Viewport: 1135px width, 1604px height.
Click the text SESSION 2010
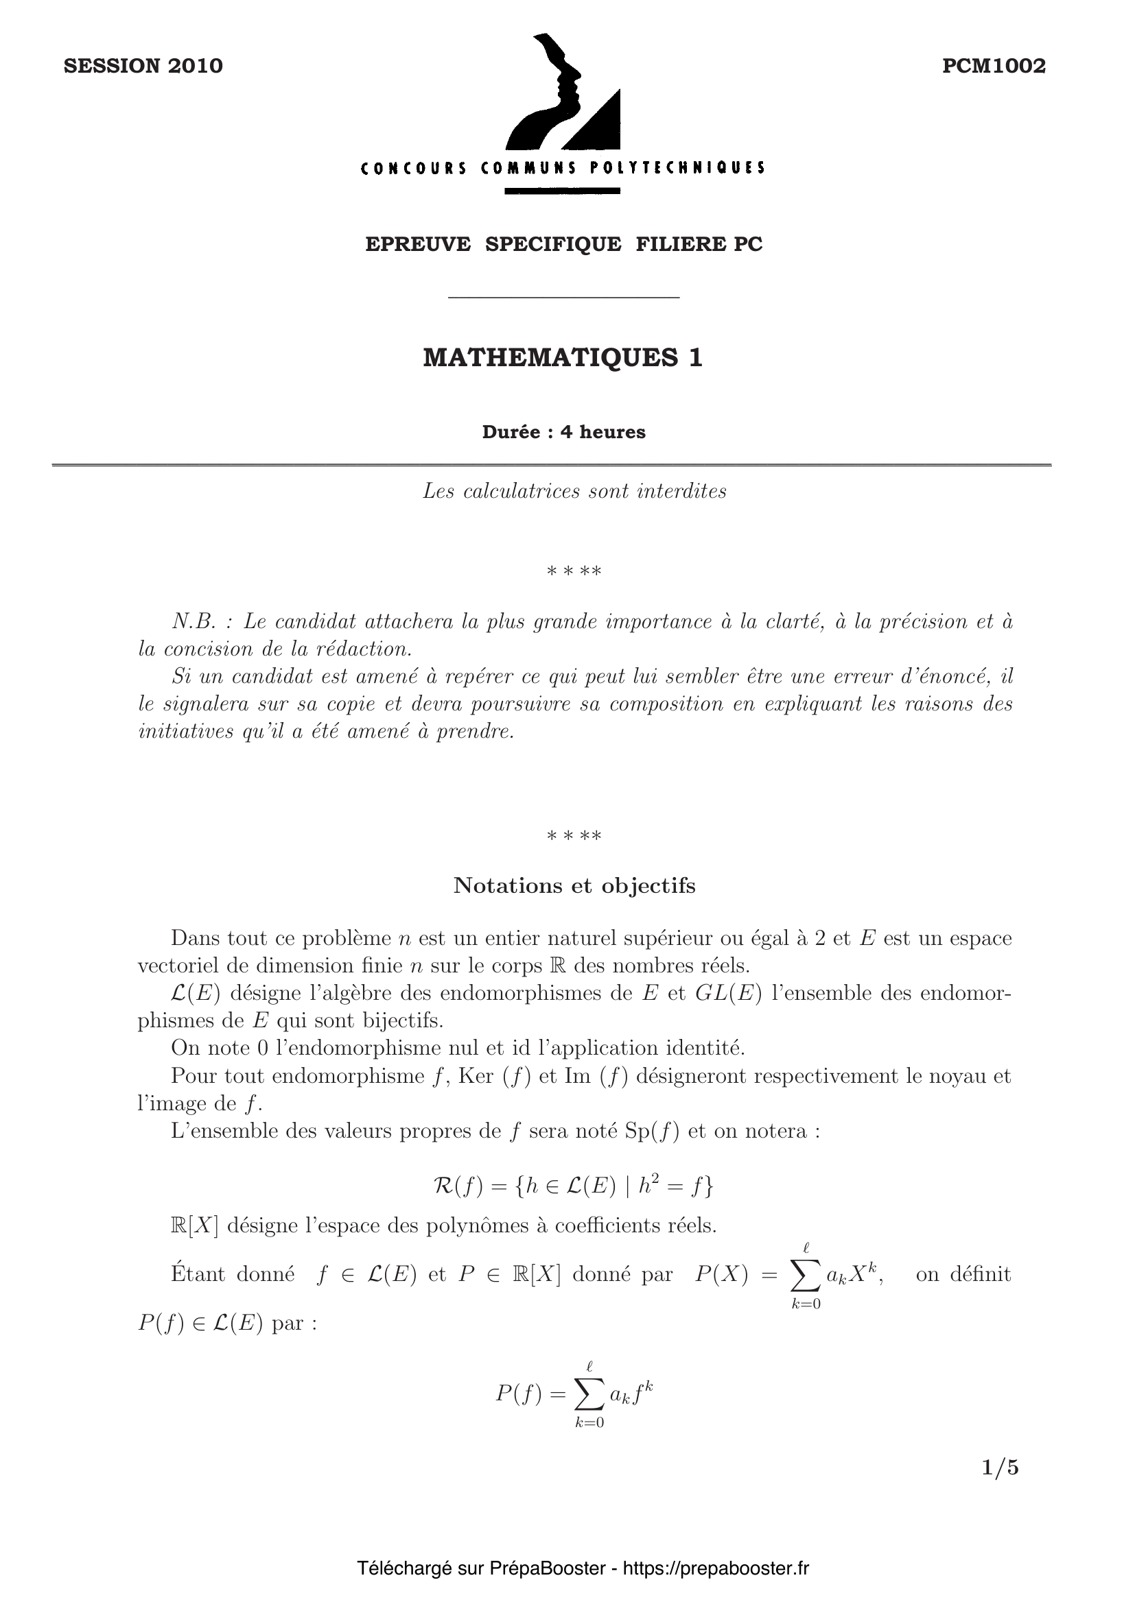pos(143,66)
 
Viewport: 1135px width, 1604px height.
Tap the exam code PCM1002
pos(993,66)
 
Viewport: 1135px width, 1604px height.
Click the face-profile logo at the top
pos(552,91)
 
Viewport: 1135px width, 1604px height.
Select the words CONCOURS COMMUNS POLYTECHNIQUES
pos(563,167)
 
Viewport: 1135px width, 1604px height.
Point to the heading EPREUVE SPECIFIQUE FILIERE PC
pos(563,244)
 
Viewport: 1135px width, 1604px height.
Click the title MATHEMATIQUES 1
pos(563,357)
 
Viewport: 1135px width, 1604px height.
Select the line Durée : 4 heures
pos(563,432)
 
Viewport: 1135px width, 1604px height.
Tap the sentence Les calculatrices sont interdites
pos(574,491)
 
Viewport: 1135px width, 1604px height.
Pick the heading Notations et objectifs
pos(574,885)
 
